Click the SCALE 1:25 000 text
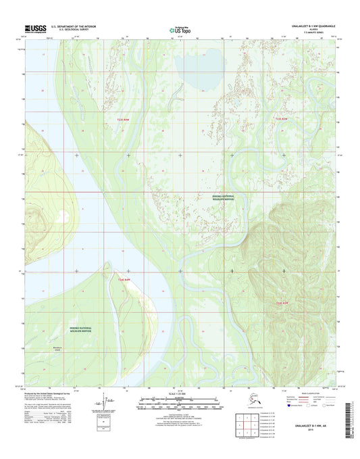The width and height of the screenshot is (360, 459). pyautogui.click(x=180, y=393)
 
